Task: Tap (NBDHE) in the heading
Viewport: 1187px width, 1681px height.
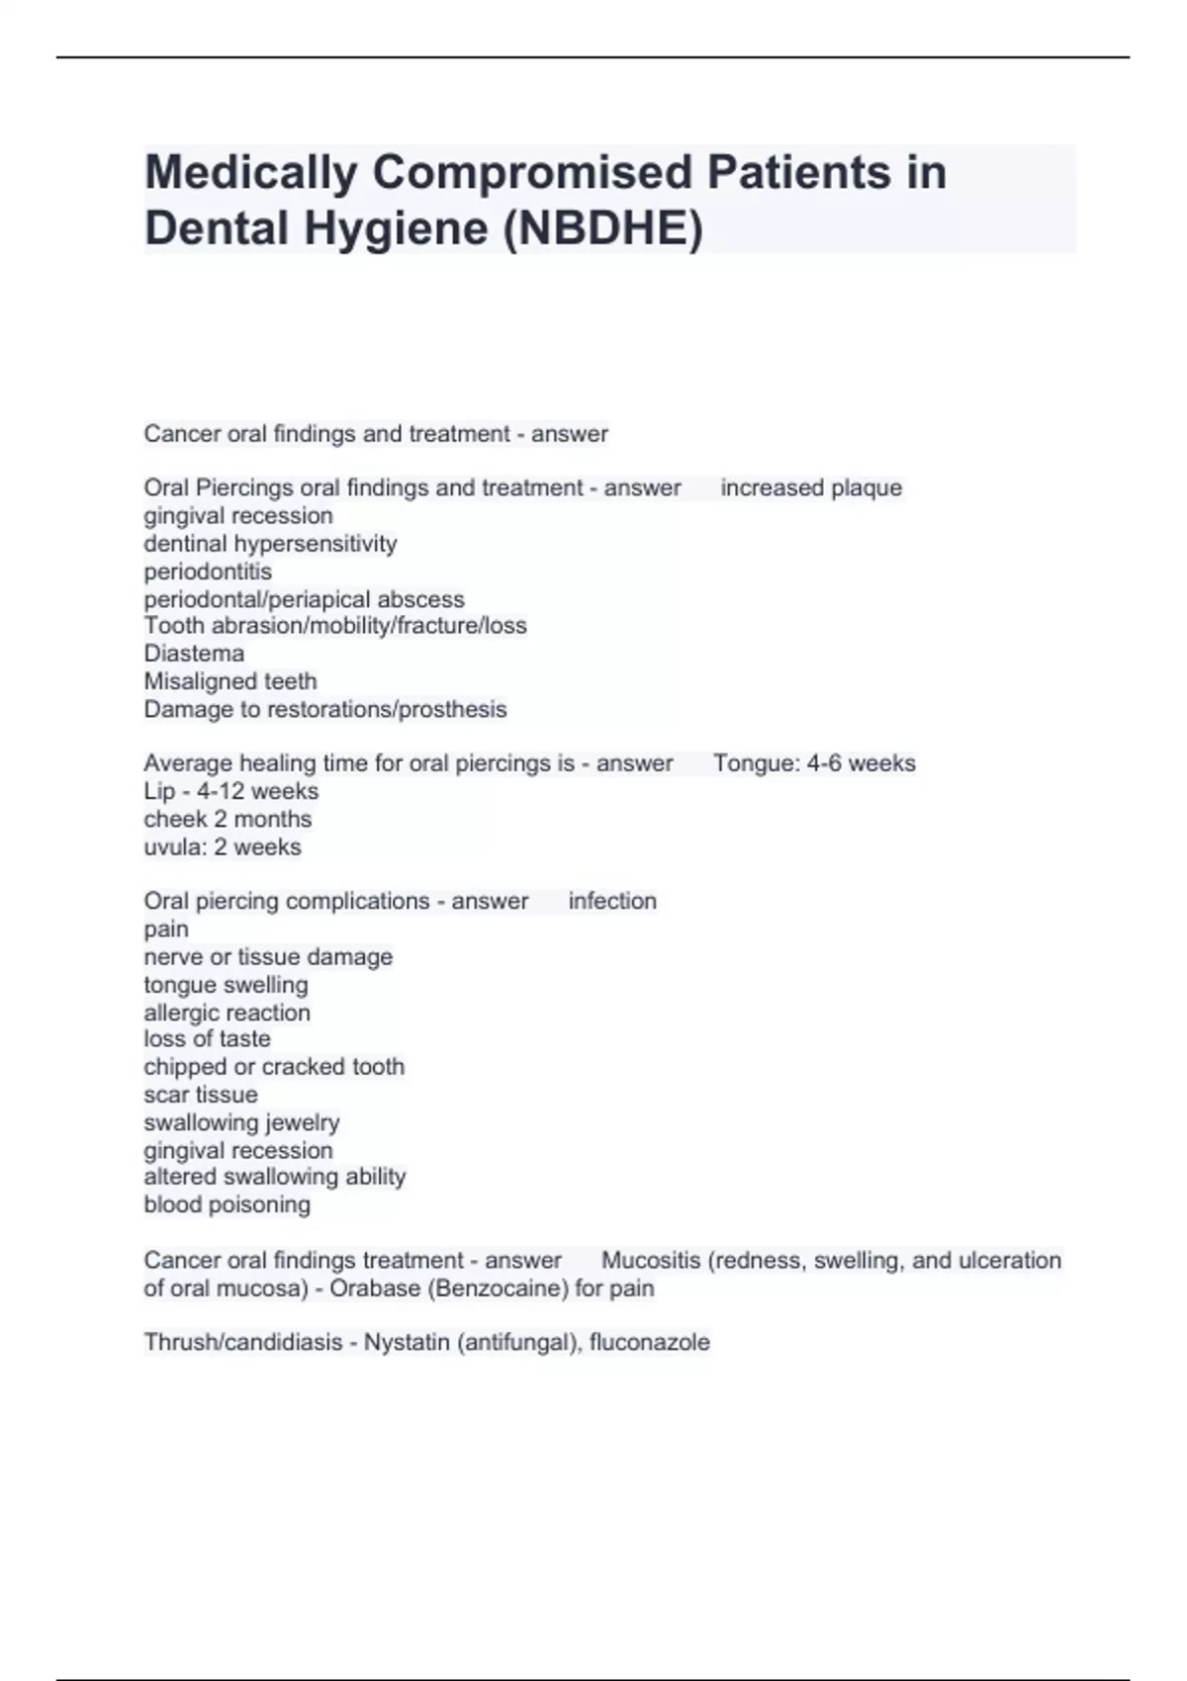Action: coord(603,228)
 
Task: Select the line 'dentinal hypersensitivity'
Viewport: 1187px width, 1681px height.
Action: coord(270,544)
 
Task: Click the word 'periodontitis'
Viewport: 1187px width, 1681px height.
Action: coord(208,572)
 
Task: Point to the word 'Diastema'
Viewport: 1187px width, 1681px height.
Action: coord(194,654)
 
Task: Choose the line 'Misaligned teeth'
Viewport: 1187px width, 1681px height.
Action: coord(230,681)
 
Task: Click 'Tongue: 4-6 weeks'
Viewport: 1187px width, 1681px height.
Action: coord(814,763)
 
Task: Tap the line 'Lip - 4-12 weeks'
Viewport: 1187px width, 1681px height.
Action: coord(230,791)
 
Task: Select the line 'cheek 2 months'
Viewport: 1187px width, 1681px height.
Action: coord(228,819)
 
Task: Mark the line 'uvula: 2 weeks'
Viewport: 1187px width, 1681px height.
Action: coord(223,847)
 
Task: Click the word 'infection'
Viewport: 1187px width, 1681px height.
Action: coord(612,901)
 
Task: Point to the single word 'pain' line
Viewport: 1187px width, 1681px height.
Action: coord(166,929)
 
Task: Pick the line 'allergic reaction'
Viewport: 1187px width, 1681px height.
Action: coord(227,1013)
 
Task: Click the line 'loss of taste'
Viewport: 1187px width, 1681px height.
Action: coord(207,1039)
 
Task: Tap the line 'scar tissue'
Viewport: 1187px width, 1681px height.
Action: coord(201,1095)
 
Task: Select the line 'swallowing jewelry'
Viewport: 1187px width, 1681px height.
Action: coord(241,1122)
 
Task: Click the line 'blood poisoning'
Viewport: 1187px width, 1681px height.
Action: coord(227,1204)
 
